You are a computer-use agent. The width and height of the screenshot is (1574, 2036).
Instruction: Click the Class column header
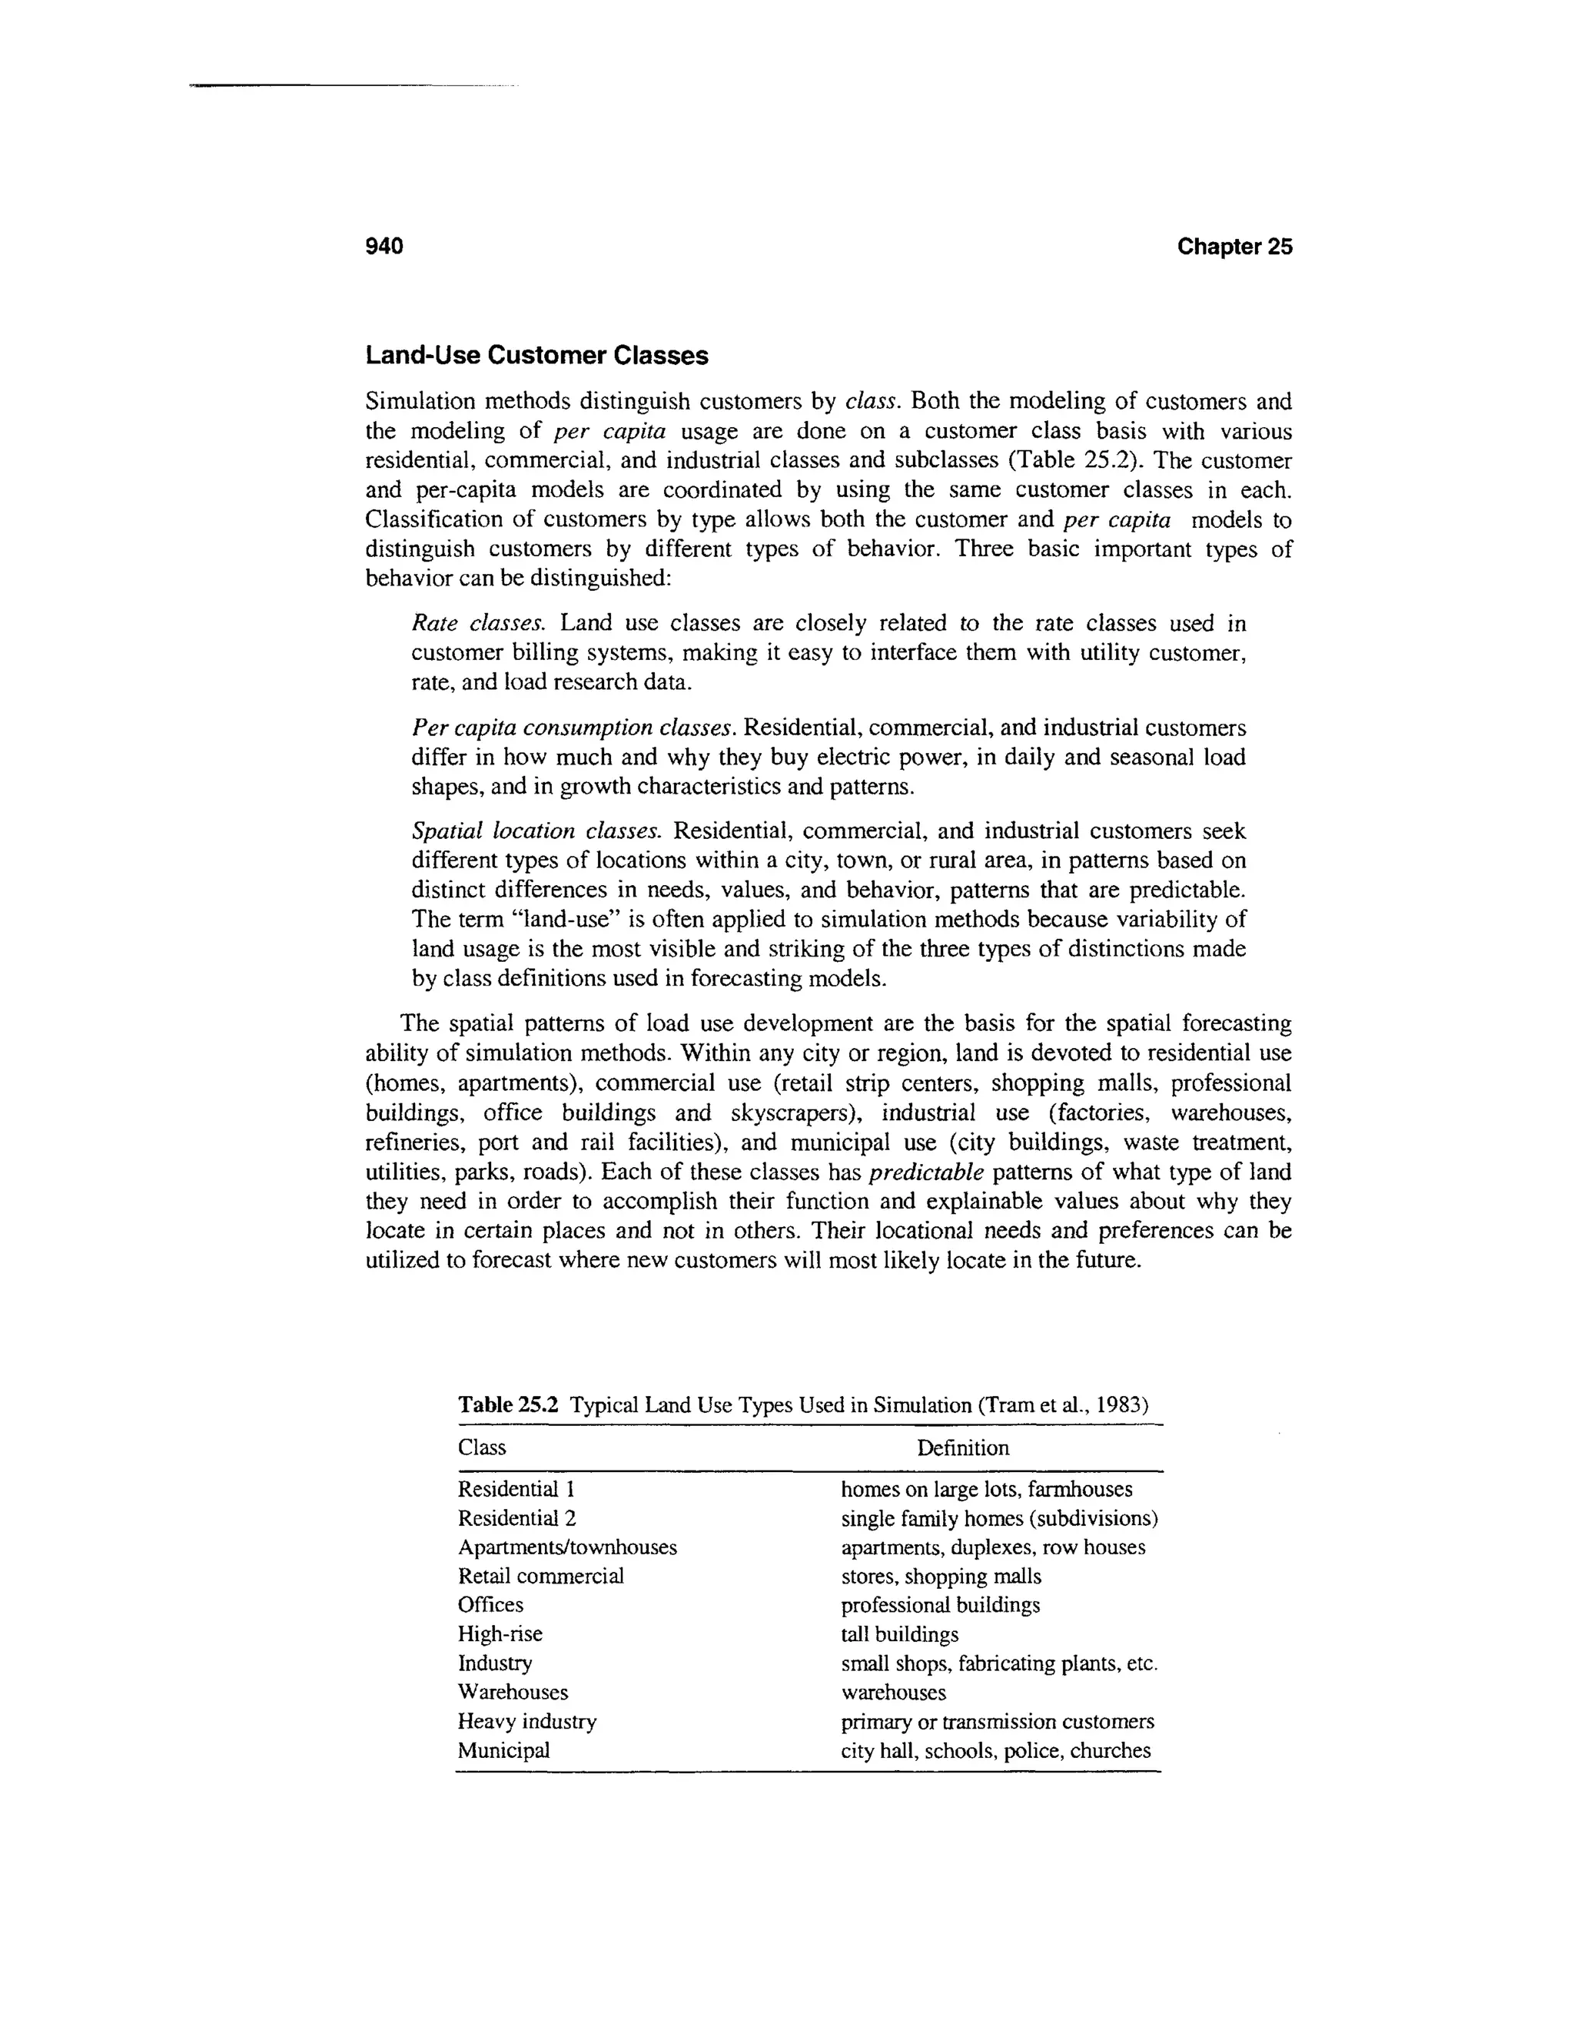click(481, 1447)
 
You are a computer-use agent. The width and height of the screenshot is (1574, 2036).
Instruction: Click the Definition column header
click(962, 1447)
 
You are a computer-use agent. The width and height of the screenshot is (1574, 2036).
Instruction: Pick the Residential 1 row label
click(508, 1490)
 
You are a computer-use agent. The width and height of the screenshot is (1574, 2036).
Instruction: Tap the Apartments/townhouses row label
click(567, 1547)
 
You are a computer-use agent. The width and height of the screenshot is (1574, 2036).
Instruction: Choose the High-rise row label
click(500, 1634)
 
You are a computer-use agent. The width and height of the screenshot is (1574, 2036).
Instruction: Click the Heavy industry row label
click(526, 1721)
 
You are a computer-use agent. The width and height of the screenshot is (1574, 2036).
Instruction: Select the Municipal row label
click(503, 1749)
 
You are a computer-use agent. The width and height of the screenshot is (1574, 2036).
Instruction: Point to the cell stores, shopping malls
click(940, 1577)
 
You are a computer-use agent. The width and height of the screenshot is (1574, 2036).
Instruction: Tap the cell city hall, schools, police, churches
click(995, 1749)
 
